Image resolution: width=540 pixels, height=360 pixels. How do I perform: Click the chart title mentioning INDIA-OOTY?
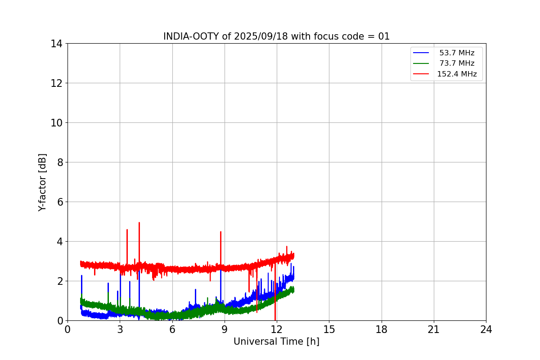pos(276,36)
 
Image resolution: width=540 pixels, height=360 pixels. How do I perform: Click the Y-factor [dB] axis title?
pos(42,182)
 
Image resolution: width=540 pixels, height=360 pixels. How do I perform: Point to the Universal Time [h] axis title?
pos(276,342)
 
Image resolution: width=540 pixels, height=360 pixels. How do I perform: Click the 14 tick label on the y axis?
pos(56,44)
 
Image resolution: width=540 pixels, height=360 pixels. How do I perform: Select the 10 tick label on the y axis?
pos(56,123)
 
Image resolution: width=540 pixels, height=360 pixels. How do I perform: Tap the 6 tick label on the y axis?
pos(59,202)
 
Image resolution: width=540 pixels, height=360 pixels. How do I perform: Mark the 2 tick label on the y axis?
pos(59,281)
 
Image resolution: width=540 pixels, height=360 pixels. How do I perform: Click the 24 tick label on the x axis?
pos(486,330)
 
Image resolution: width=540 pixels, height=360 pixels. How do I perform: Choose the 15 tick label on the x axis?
pos(329,330)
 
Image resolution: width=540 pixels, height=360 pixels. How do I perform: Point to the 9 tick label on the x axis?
pos(225,330)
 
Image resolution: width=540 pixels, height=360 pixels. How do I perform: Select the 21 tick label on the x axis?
pos(434,330)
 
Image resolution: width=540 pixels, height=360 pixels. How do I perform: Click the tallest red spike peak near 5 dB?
pos(139,223)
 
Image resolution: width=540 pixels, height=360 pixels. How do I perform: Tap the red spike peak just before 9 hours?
pos(220,232)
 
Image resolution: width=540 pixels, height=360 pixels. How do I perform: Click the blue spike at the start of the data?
pos(81,276)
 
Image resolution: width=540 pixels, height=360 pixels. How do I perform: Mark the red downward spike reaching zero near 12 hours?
pos(275,319)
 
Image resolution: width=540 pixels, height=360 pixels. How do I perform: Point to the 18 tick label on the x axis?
pos(382,330)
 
